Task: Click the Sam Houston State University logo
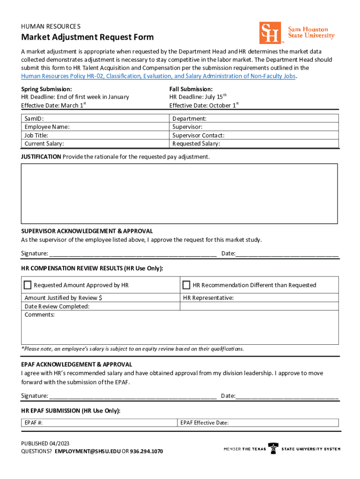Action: pos(297,33)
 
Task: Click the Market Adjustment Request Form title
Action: pos(87,37)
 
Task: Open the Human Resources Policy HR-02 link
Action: pos(158,76)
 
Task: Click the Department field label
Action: pos(189,119)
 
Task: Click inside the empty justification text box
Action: pos(179,193)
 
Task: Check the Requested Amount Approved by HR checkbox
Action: pos(28,285)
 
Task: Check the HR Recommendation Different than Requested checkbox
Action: pos(187,285)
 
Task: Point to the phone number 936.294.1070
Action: pos(146,452)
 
